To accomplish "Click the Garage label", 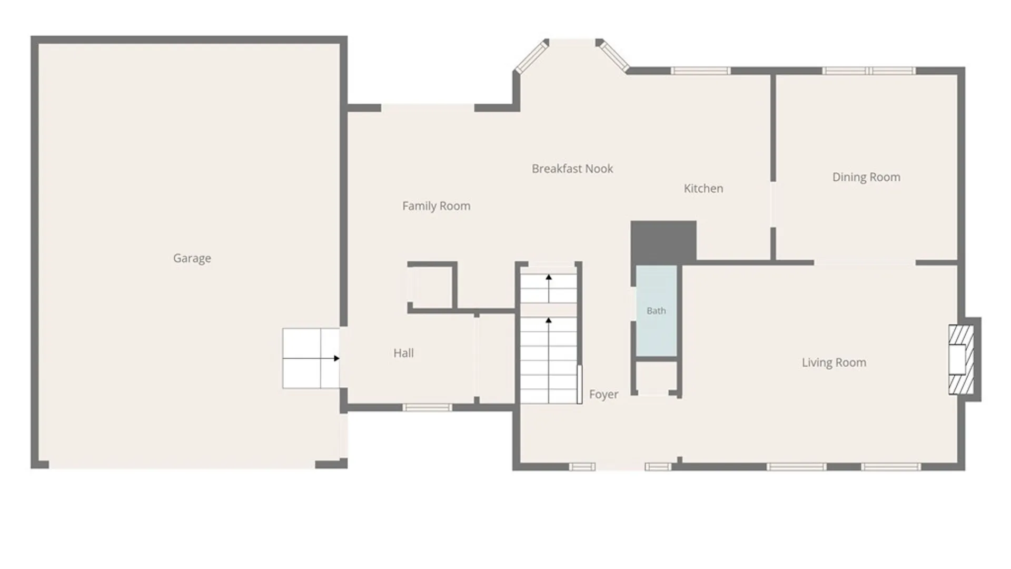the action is coord(192,258).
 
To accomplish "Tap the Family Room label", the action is coord(437,206).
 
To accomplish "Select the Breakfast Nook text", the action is coord(572,169).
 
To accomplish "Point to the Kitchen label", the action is coord(703,188).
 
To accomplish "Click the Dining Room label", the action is coord(866,177).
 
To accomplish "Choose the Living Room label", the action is coord(834,362).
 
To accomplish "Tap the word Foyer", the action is coord(604,394).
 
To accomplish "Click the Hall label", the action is coord(404,353).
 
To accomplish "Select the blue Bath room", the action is coord(656,311).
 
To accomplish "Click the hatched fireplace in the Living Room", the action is coord(961,359).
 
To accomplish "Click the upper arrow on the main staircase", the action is coord(549,288).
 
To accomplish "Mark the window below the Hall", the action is coord(427,407).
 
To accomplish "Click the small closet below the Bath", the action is coord(656,378).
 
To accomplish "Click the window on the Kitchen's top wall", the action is coord(701,71).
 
